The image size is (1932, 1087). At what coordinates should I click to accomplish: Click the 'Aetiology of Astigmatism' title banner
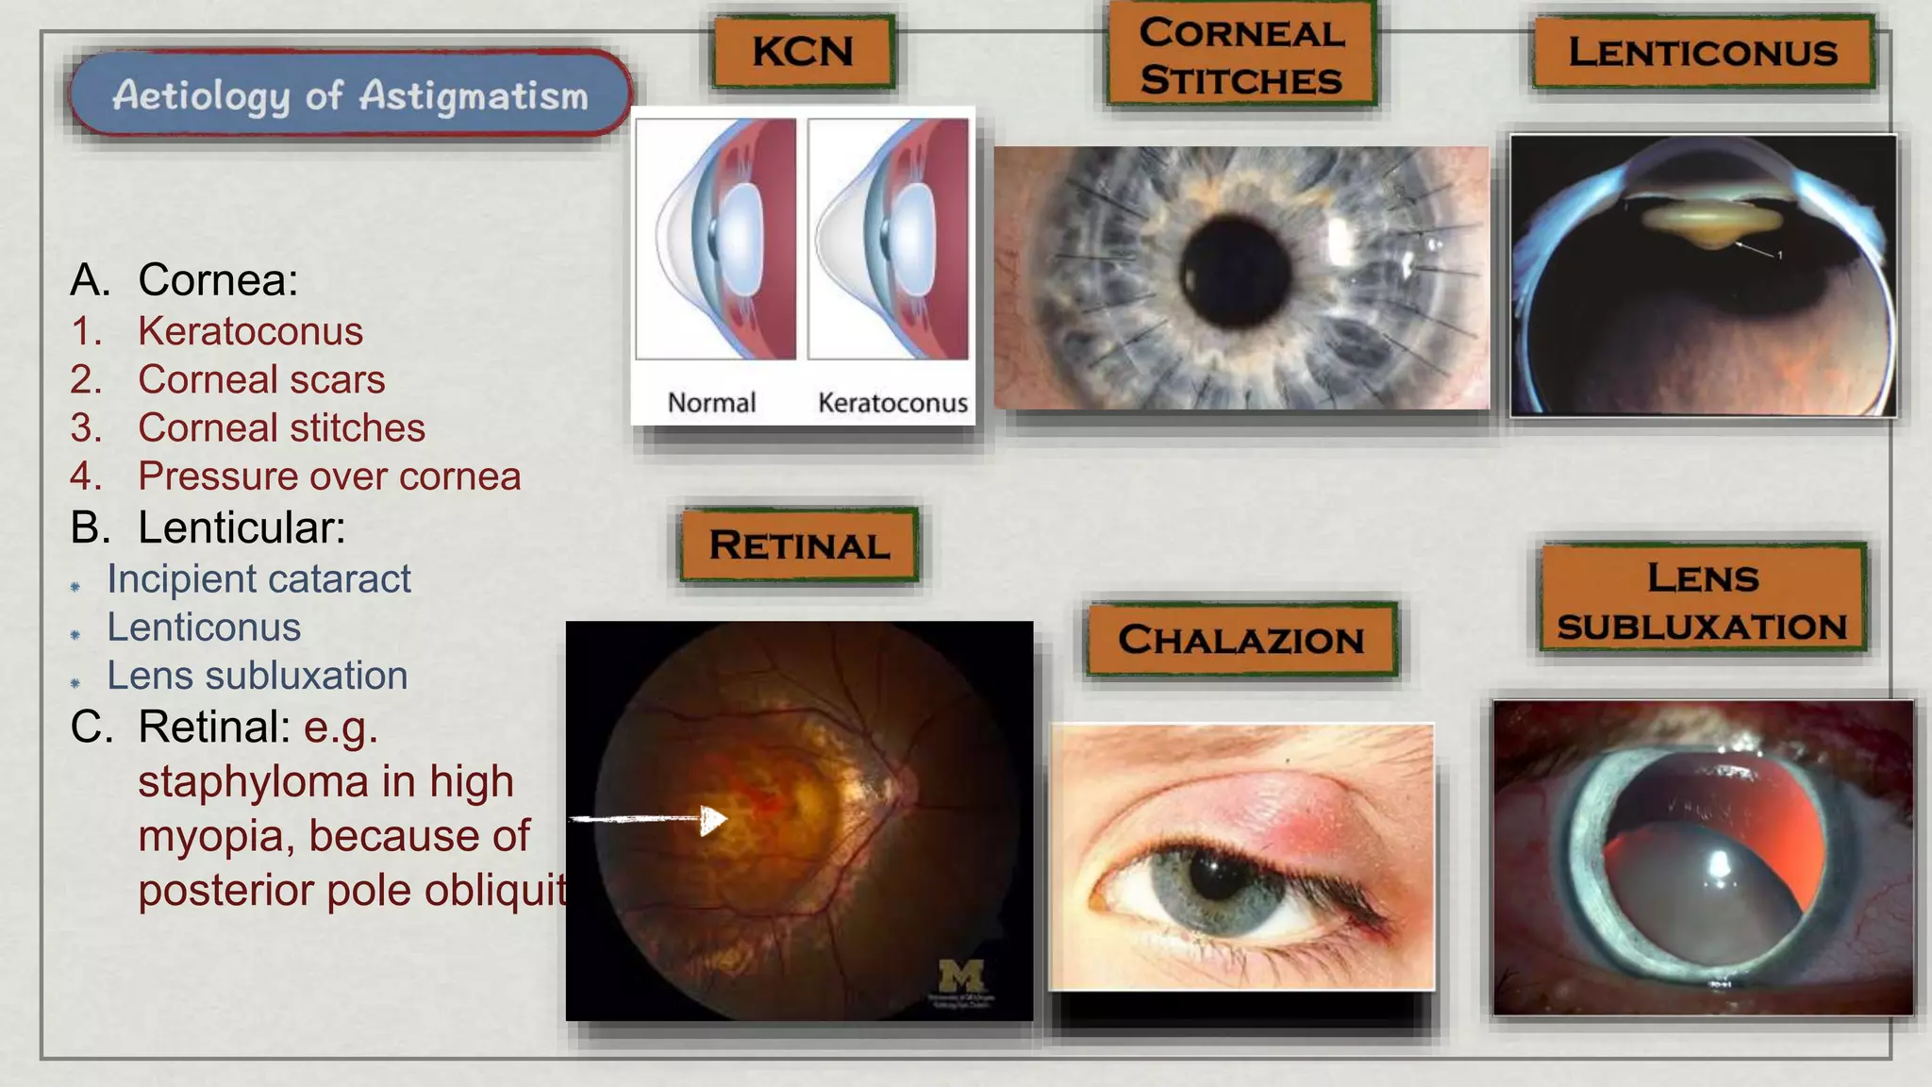(350, 94)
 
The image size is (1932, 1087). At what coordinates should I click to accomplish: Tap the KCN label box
(803, 51)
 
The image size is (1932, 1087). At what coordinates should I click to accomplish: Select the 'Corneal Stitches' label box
(1241, 56)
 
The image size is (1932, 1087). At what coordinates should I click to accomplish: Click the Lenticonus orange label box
(1703, 52)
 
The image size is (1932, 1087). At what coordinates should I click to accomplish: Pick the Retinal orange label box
(799, 544)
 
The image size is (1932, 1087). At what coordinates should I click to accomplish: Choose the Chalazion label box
(1241, 640)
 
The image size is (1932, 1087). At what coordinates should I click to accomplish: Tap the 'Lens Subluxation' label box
(1703, 601)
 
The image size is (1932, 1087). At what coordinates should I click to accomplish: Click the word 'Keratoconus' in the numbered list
(250, 331)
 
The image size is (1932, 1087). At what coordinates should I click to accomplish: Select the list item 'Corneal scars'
(261, 379)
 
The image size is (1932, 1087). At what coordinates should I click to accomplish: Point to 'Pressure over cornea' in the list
(329, 476)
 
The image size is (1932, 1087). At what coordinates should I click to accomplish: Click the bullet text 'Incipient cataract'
(258, 578)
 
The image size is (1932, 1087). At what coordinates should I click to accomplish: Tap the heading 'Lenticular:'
(241, 527)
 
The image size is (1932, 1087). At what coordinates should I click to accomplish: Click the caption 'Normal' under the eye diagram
(711, 403)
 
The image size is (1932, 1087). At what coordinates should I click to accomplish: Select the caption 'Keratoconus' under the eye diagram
(892, 403)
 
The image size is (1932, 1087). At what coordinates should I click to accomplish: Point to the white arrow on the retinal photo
(651, 819)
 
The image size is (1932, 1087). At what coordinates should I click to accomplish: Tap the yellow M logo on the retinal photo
(961, 975)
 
